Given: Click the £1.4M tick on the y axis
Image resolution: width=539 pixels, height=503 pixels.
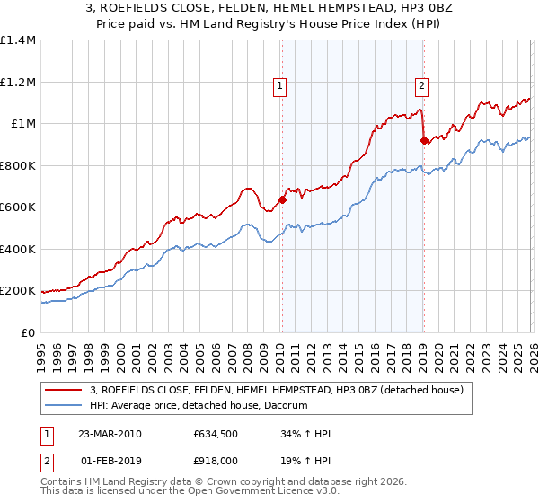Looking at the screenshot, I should [x=18, y=40].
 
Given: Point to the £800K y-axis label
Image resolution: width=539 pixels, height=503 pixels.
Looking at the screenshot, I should [x=18, y=165].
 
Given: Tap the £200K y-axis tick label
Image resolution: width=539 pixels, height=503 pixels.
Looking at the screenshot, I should [x=18, y=291].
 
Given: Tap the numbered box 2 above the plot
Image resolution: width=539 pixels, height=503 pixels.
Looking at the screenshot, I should [x=421, y=86].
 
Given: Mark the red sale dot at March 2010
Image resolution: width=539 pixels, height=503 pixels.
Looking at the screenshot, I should [x=282, y=200].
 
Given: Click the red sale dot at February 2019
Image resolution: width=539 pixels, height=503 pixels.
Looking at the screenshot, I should [x=423, y=141].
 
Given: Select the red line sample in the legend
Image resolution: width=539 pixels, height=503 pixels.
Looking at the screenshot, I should [x=64, y=390].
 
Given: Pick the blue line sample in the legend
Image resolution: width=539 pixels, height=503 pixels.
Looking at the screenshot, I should [x=64, y=406].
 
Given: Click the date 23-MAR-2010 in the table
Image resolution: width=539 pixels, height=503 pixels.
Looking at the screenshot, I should [x=110, y=434].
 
